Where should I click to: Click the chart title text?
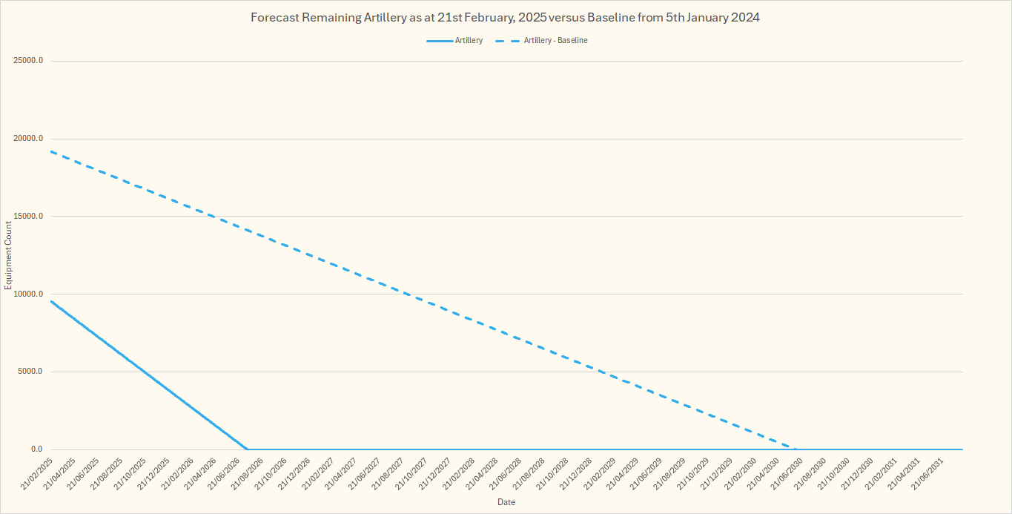506,18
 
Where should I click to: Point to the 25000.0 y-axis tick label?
28,61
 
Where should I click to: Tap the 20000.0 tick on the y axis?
28,139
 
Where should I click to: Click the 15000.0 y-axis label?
28,217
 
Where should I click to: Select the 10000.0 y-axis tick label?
28,294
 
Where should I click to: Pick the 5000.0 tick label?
30,372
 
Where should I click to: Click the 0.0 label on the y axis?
36,449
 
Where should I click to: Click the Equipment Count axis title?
9,255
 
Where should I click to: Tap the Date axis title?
506,502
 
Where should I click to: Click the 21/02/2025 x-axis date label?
36,473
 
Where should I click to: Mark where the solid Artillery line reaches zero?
248,449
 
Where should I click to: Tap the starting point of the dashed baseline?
50,151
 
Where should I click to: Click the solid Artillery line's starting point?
50,300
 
